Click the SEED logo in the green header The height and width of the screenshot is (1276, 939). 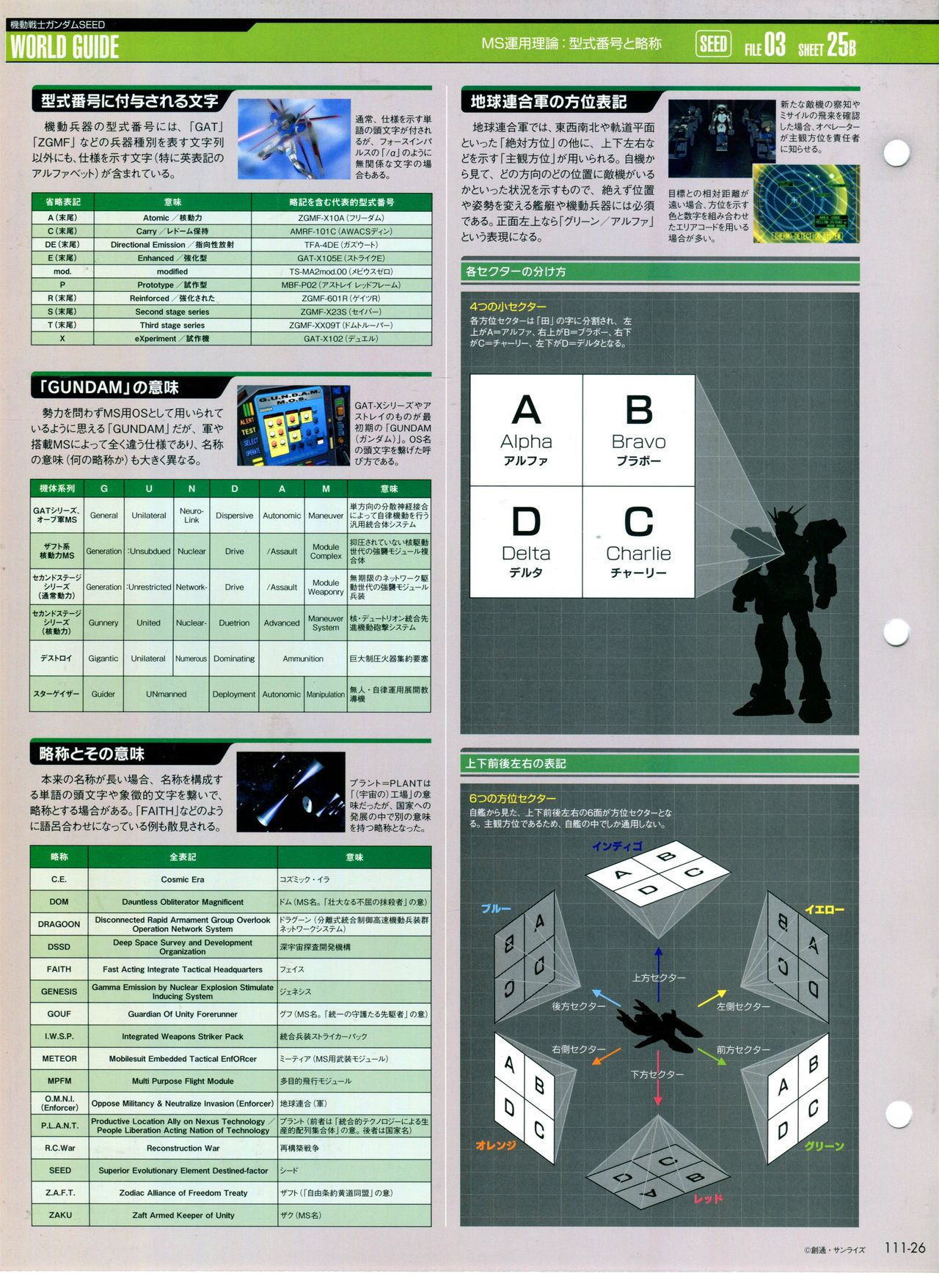click(712, 45)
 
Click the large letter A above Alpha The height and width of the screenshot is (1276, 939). click(526, 410)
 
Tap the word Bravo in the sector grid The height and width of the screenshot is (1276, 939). click(638, 441)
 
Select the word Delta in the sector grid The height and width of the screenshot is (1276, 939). click(525, 554)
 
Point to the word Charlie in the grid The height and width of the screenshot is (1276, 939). click(638, 554)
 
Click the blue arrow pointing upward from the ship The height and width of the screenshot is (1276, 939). click(658, 961)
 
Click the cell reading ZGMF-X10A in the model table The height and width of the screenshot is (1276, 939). click(341, 218)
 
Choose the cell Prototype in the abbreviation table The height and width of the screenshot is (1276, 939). click(172, 285)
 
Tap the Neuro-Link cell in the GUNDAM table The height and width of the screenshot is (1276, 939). click(191, 516)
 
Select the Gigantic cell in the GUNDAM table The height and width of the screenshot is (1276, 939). click(103, 659)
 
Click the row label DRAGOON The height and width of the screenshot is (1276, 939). click(59, 924)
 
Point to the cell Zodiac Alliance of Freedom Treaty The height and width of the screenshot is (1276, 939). click(183, 1193)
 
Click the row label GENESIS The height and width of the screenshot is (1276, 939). click(59, 991)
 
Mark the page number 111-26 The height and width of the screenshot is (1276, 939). click(905, 1248)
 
